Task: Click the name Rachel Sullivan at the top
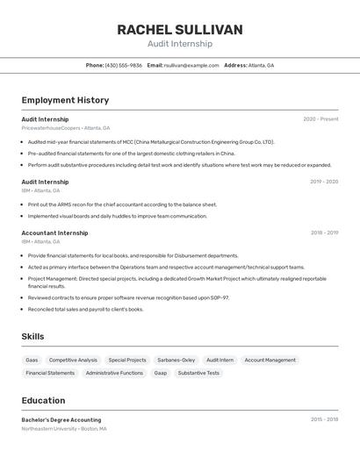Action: click(180, 30)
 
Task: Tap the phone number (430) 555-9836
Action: click(123, 65)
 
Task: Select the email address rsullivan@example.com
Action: click(192, 65)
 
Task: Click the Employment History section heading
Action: click(65, 100)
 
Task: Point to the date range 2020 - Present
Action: click(320, 119)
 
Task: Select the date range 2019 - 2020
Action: click(324, 182)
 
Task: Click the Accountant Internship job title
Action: click(54, 233)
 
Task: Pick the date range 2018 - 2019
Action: click(324, 233)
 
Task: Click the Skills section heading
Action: click(32, 336)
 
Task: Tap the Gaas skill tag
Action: click(32, 360)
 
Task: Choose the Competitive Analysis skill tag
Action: click(73, 360)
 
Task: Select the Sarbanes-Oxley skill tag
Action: click(176, 360)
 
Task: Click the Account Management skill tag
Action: click(270, 360)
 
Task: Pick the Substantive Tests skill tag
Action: click(198, 373)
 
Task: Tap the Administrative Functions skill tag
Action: click(114, 373)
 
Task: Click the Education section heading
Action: click(43, 400)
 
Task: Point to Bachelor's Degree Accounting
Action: click(61, 419)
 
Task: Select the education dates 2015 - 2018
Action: click(324, 419)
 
